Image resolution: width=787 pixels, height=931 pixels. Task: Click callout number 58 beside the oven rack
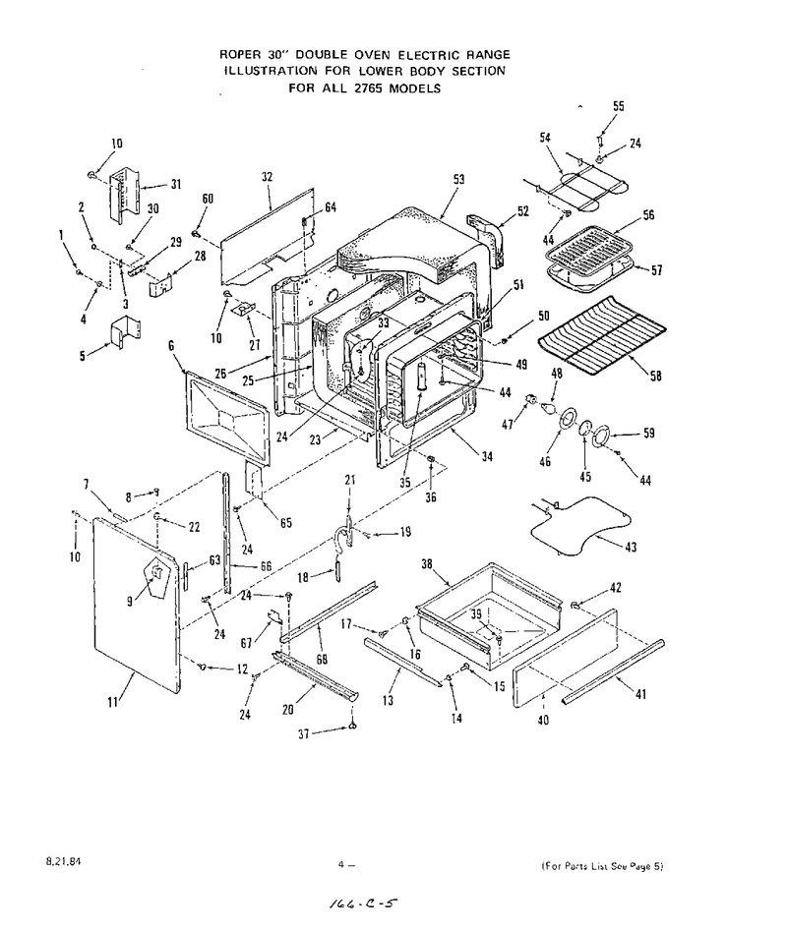(x=656, y=376)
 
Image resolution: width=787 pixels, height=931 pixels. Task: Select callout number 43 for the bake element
(x=631, y=547)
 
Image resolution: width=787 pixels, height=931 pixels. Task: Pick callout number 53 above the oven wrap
(x=458, y=179)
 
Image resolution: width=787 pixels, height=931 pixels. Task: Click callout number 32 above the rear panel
(x=267, y=176)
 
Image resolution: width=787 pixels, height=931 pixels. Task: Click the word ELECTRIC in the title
(x=429, y=55)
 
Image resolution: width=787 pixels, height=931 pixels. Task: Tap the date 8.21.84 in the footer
(x=63, y=861)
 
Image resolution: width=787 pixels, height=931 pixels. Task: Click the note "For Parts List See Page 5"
(x=602, y=866)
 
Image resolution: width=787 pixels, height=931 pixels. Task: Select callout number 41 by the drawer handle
(x=640, y=693)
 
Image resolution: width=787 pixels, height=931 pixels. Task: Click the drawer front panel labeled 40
(x=566, y=659)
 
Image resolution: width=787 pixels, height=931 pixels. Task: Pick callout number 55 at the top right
(x=619, y=106)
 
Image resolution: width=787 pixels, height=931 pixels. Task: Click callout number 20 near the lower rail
(x=288, y=710)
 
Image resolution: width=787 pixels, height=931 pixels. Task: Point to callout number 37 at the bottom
(x=304, y=733)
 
